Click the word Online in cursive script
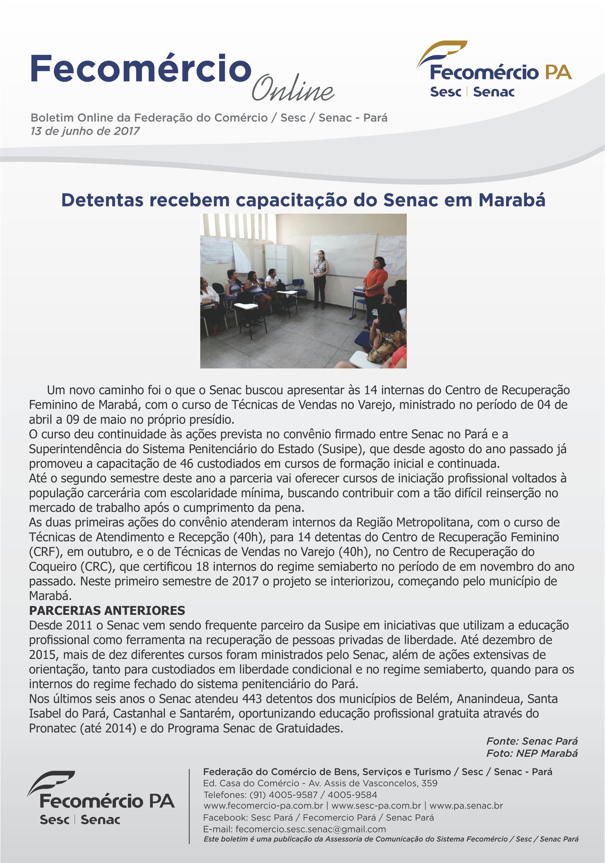[x=293, y=88]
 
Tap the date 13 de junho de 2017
[x=85, y=131]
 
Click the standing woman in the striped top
[x=320, y=278]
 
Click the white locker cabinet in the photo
[x=278, y=261]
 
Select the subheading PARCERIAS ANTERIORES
[x=107, y=610]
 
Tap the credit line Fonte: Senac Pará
[x=532, y=741]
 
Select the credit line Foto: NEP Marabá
[x=532, y=753]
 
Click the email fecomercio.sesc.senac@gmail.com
[x=310, y=829]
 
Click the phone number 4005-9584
[x=352, y=795]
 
